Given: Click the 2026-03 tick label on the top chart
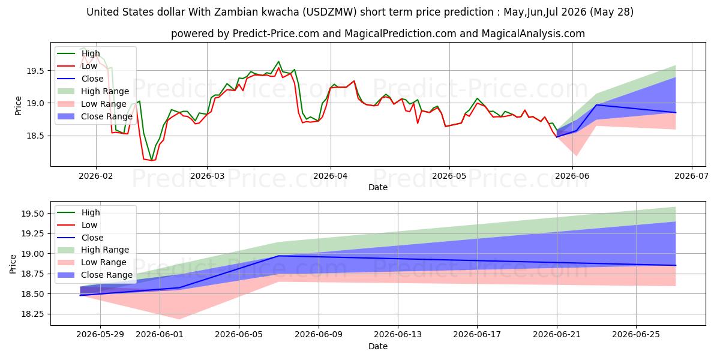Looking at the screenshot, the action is (x=207, y=176).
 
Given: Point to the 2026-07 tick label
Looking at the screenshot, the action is (x=691, y=176).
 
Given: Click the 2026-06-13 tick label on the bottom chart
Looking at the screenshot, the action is (x=398, y=335).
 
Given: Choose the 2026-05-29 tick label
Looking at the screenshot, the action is (x=100, y=335).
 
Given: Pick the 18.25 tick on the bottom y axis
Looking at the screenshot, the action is (x=33, y=314).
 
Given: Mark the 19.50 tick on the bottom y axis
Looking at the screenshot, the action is (x=33, y=214).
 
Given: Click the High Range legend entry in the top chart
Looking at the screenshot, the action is (x=93, y=91).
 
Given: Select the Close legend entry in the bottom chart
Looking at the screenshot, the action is (x=80, y=238).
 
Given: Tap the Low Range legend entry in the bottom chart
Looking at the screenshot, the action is (x=92, y=262).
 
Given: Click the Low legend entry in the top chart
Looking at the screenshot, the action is (x=77, y=66).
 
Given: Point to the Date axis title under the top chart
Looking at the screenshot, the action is (x=378, y=187).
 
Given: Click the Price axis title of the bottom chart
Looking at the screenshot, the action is (x=13, y=264).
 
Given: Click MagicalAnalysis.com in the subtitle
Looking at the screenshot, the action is (x=533, y=34).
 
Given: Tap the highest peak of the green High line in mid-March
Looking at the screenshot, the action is (x=278, y=61).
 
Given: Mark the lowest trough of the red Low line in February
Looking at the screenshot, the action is (x=152, y=160).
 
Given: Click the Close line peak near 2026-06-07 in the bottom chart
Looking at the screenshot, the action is (x=278, y=256).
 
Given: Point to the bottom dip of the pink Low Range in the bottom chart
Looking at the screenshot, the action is (x=179, y=319).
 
